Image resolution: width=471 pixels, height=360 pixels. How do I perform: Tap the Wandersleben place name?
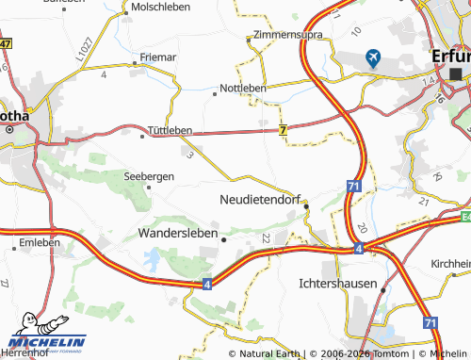click(x=178, y=231)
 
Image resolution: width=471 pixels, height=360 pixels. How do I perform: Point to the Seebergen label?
click(x=149, y=175)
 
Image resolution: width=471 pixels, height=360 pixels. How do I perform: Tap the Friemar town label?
click(x=157, y=57)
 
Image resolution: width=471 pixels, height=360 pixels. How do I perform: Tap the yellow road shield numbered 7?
click(x=283, y=132)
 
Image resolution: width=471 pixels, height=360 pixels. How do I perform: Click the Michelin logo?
click(x=44, y=341)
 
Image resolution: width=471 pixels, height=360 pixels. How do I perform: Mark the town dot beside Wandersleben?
click(x=223, y=239)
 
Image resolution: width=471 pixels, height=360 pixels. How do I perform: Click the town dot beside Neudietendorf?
click(x=306, y=207)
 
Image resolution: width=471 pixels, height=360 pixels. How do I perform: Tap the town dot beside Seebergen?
click(x=148, y=187)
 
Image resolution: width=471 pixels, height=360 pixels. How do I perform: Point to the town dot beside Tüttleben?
click(x=143, y=136)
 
